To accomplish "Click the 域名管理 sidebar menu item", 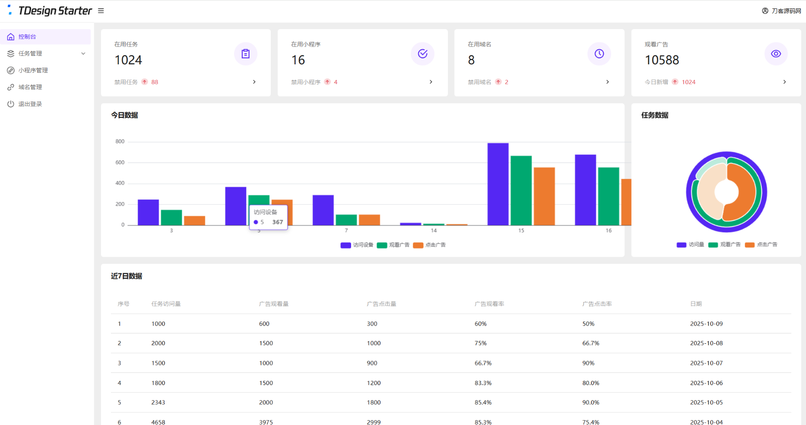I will pos(30,87).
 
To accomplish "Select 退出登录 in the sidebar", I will pos(30,104).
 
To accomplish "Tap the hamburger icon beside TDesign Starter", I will pos(101,11).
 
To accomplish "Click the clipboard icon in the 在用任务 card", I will pos(245,54).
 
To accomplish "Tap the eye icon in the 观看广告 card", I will pos(776,54).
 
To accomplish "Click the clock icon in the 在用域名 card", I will pos(599,54).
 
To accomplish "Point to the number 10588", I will pos(662,60).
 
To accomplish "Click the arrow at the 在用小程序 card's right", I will pos(431,82).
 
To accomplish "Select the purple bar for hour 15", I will pos(498,184).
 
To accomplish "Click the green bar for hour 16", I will pos(608,196).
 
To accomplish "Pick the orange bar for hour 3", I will pos(195,221).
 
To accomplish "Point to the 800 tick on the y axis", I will pos(120,141).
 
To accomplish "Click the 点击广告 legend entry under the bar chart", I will pos(430,245).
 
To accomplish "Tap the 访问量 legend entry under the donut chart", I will pos(690,245).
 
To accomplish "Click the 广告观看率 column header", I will pos(489,304).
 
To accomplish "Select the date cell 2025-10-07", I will pos(706,363).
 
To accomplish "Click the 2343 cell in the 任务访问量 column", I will pos(158,402).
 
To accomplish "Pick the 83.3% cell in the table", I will pos(483,383).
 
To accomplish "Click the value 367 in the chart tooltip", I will pos(277,223).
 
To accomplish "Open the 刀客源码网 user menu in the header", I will pos(782,11).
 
